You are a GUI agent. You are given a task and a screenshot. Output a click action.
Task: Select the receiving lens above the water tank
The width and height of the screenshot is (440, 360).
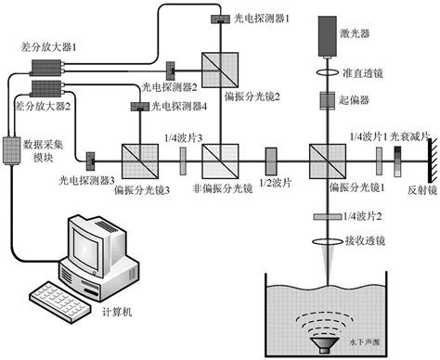click(331, 240)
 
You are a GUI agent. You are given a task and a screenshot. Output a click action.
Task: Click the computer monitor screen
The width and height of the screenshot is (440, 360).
click(93, 244)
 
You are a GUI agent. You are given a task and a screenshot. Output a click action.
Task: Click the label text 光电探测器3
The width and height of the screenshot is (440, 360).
click(86, 178)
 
